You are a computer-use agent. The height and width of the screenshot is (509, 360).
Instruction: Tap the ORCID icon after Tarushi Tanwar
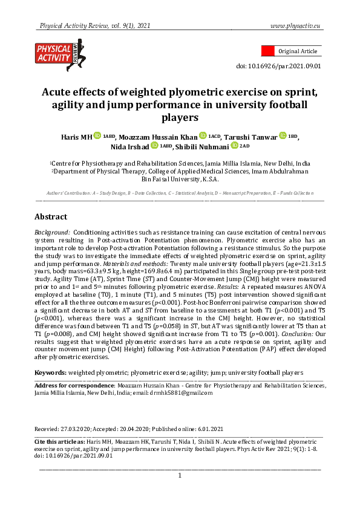(282, 137)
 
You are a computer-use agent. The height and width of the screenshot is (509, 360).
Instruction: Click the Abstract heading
(51, 216)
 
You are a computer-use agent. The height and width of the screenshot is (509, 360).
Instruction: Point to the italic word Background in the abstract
(53, 232)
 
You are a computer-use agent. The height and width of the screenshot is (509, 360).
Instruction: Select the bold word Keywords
(50, 373)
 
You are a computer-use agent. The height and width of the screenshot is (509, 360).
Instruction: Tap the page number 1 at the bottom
(180, 476)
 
